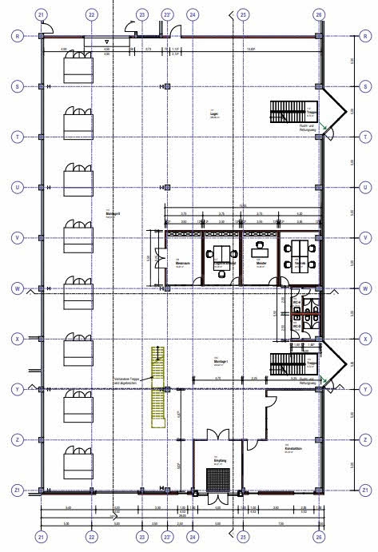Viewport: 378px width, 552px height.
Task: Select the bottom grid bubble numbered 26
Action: point(319,536)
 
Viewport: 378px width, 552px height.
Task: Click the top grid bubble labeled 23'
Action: point(167,14)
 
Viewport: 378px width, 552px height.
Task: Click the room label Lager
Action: point(213,114)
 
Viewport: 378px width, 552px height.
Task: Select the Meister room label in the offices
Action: point(259,262)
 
